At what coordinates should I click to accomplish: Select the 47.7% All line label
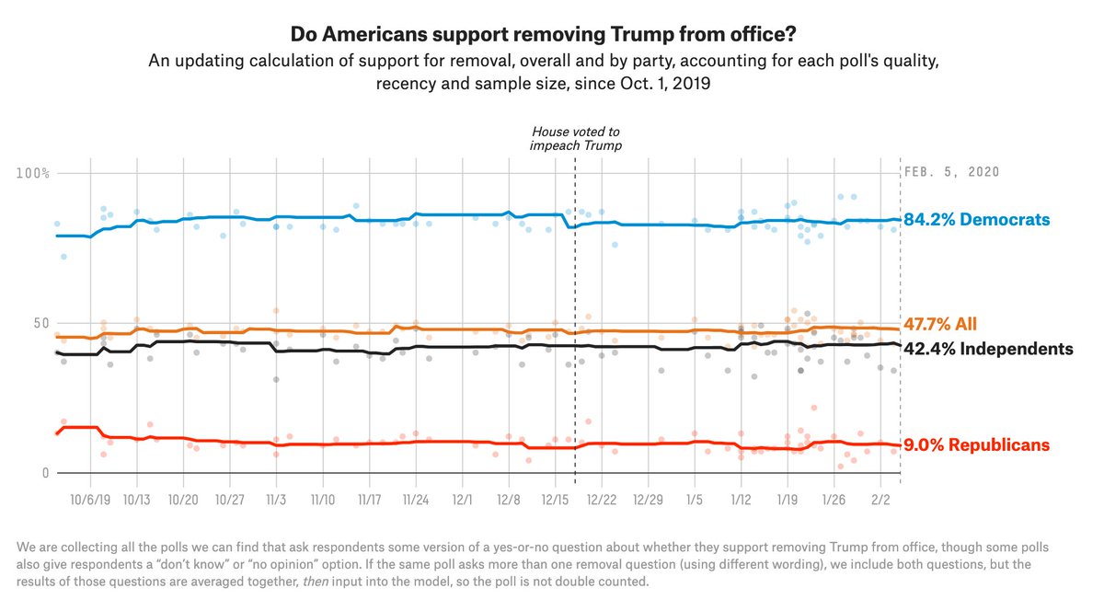940,324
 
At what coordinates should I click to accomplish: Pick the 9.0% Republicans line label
976,445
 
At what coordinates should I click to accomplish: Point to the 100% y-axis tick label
33,173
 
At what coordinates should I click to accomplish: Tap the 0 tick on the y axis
43,473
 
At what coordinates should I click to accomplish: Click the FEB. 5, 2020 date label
952,172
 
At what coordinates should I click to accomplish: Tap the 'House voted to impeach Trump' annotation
576,139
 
